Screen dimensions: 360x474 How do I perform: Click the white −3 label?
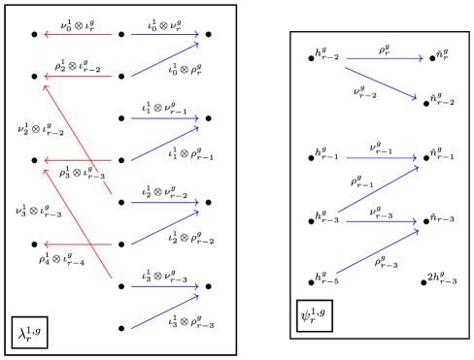[x=100, y=177]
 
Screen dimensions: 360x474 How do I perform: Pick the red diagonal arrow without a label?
[x=78, y=224]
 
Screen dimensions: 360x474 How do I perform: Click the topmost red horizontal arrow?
[x=78, y=35]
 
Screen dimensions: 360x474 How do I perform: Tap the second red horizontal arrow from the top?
[x=78, y=77]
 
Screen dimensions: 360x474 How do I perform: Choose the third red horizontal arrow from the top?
[x=78, y=160]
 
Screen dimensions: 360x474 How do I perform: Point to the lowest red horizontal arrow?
[x=78, y=245]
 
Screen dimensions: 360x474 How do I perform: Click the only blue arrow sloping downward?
[x=381, y=82]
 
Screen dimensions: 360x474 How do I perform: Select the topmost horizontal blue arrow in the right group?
[x=384, y=58]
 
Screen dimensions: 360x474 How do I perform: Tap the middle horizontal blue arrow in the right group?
[x=381, y=157]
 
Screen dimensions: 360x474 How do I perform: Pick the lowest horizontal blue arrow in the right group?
[x=381, y=221]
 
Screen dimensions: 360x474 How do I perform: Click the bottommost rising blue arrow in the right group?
[x=377, y=252]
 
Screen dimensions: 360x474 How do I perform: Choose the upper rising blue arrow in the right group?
[x=378, y=189]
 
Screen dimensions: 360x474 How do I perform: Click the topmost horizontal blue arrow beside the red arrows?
[x=165, y=35]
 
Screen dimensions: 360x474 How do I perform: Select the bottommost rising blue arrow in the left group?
[x=165, y=311]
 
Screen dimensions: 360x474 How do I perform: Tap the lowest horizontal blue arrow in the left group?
[x=165, y=286]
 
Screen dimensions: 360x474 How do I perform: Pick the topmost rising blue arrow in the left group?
[x=165, y=60]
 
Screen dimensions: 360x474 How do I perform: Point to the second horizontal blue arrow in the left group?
[x=165, y=118]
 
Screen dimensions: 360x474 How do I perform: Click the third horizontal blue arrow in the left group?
[x=165, y=202]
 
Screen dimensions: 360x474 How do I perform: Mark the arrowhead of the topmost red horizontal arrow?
[x=46, y=35]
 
